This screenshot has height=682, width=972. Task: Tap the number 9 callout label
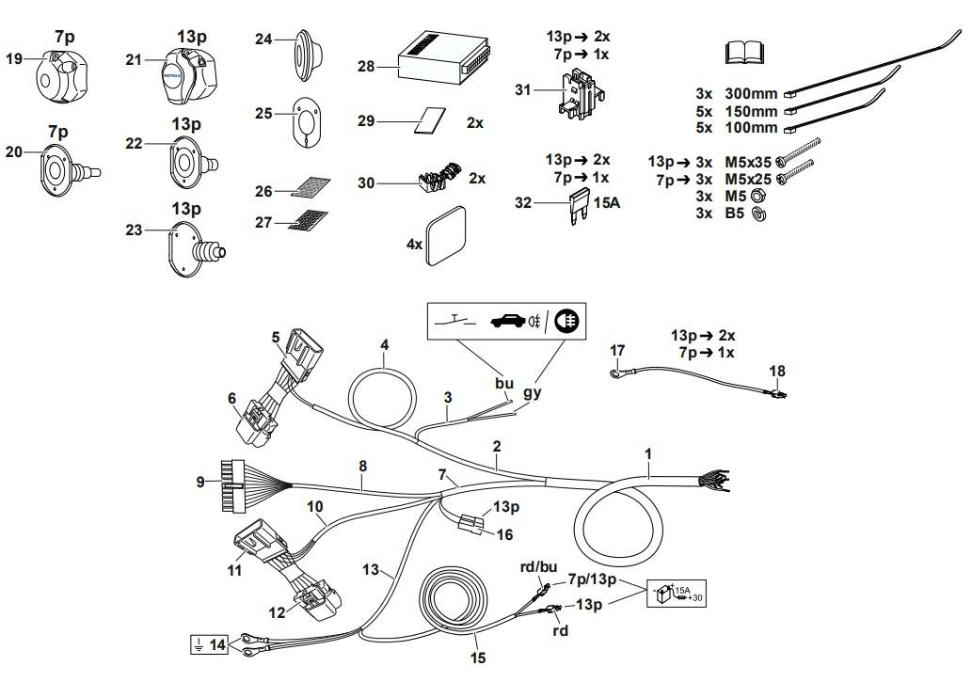pos(200,482)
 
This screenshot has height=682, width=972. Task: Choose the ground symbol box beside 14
pos(197,644)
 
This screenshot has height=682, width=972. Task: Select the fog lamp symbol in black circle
pos(567,320)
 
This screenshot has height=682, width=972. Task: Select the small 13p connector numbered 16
pos(472,522)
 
